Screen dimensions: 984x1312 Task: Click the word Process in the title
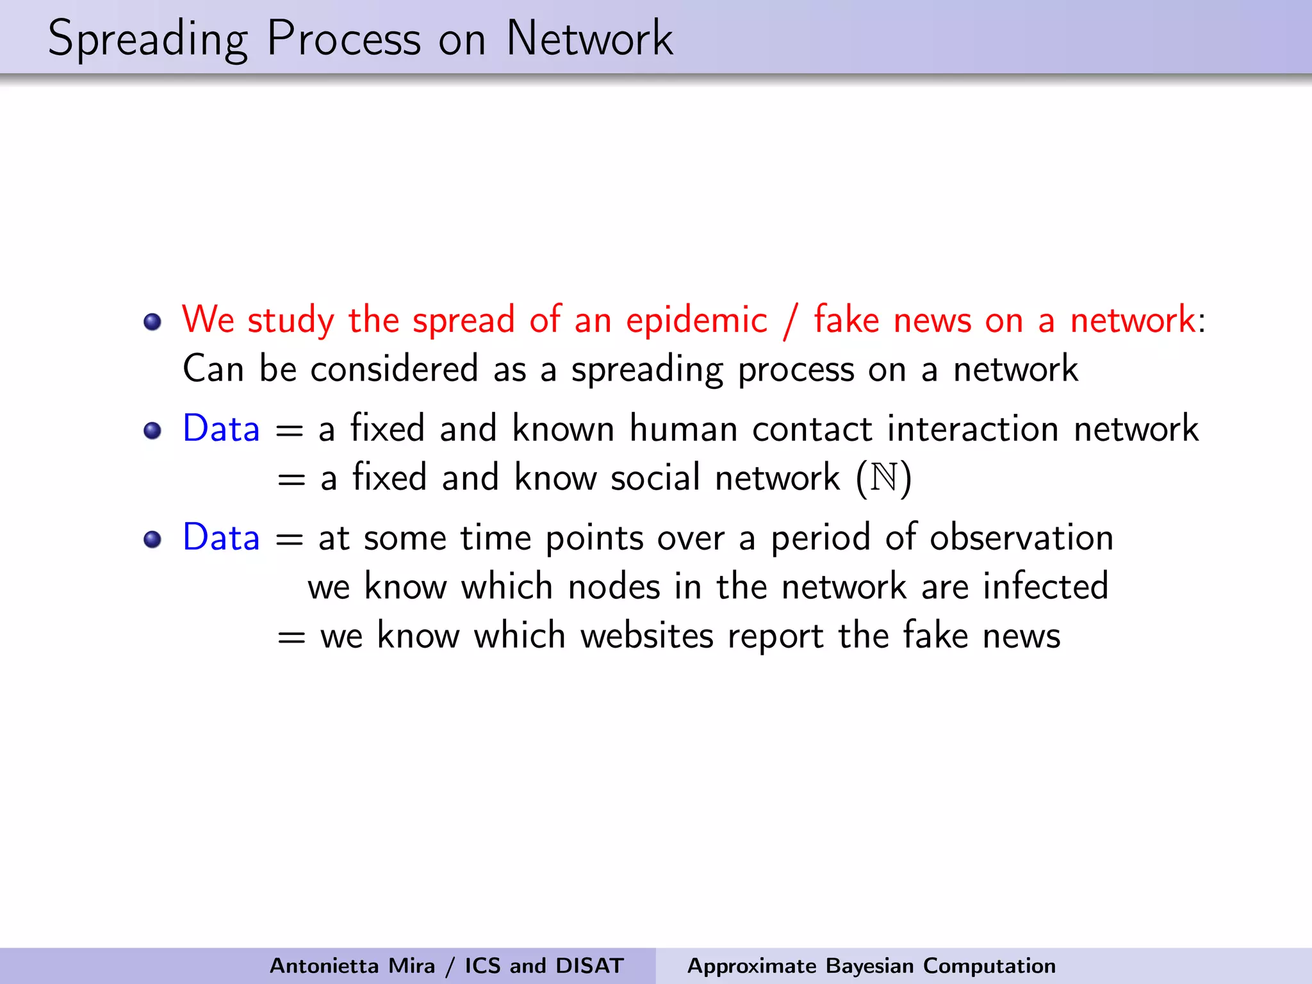tap(344, 38)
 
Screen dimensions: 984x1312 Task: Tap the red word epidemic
tap(696, 320)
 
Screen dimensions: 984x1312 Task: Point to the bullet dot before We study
tap(152, 322)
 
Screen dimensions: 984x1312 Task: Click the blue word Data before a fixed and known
tap(221, 429)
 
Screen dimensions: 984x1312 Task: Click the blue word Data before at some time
tap(221, 537)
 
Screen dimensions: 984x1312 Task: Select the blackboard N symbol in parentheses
tap(884, 478)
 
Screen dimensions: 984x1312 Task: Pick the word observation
tap(1021, 537)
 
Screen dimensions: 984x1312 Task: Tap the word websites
tap(646, 635)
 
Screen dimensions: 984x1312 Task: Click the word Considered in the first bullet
tap(394, 370)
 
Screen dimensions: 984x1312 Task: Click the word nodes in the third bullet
tap(614, 586)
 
